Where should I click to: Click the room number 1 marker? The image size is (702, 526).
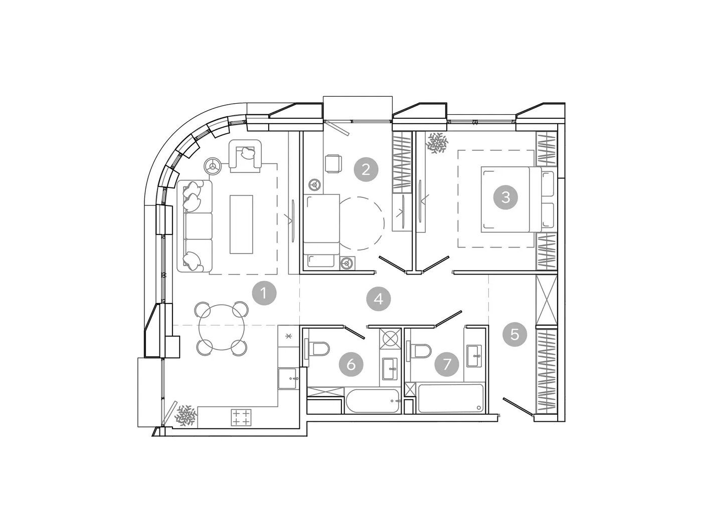pos(264,293)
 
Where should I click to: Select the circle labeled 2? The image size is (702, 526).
pos(366,170)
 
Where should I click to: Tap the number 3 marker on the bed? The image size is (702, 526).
pos(505,197)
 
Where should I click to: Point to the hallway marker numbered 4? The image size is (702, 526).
pos(379,299)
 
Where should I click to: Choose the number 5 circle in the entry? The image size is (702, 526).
pos(514,335)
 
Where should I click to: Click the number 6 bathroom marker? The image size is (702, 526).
pos(351,364)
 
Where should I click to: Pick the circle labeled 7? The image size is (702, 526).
pos(446,364)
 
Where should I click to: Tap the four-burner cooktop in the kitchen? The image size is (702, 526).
pos(241,417)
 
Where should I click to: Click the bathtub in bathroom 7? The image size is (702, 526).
pos(450,398)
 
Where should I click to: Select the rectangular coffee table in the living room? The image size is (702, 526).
pos(241,224)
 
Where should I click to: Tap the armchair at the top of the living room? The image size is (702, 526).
pos(246,156)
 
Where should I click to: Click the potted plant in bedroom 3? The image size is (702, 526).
pos(437,143)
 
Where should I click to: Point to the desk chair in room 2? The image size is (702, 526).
pos(333,163)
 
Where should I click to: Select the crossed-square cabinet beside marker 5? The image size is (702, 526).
pos(546,300)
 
